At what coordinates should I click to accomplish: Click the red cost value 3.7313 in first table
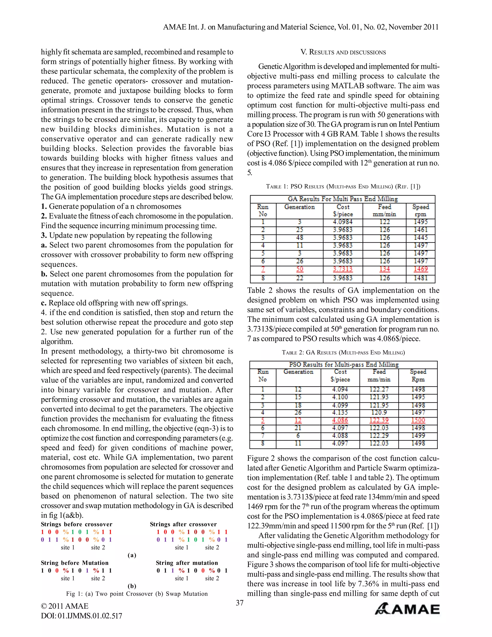[x=343, y=269]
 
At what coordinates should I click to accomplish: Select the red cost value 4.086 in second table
[x=340, y=420]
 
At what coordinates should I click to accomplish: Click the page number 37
[x=240, y=603]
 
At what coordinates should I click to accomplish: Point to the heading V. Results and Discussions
[x=343, y=52]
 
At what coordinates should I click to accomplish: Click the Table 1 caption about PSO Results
[x=343, y=186]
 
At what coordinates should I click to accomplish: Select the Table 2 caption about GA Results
[x=343, y=352]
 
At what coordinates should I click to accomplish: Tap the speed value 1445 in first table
[x=420, y=237]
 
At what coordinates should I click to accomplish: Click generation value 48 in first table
[x=299, y=237]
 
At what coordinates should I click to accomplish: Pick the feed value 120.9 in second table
[x=379, y=412]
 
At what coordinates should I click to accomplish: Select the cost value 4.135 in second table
[x=340, y=412]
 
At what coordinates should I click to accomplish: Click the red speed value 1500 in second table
[x=418, y=420]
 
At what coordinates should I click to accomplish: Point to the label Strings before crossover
[x=76, y=524]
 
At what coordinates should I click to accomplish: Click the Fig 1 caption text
[x=137, y=593]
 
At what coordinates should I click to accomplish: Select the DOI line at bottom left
[x=81, y=616]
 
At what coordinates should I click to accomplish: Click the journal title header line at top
[x=301, y=27]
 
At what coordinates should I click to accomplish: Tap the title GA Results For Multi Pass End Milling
[x=343, y=199]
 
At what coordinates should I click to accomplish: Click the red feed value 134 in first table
[x=384, y=269]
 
